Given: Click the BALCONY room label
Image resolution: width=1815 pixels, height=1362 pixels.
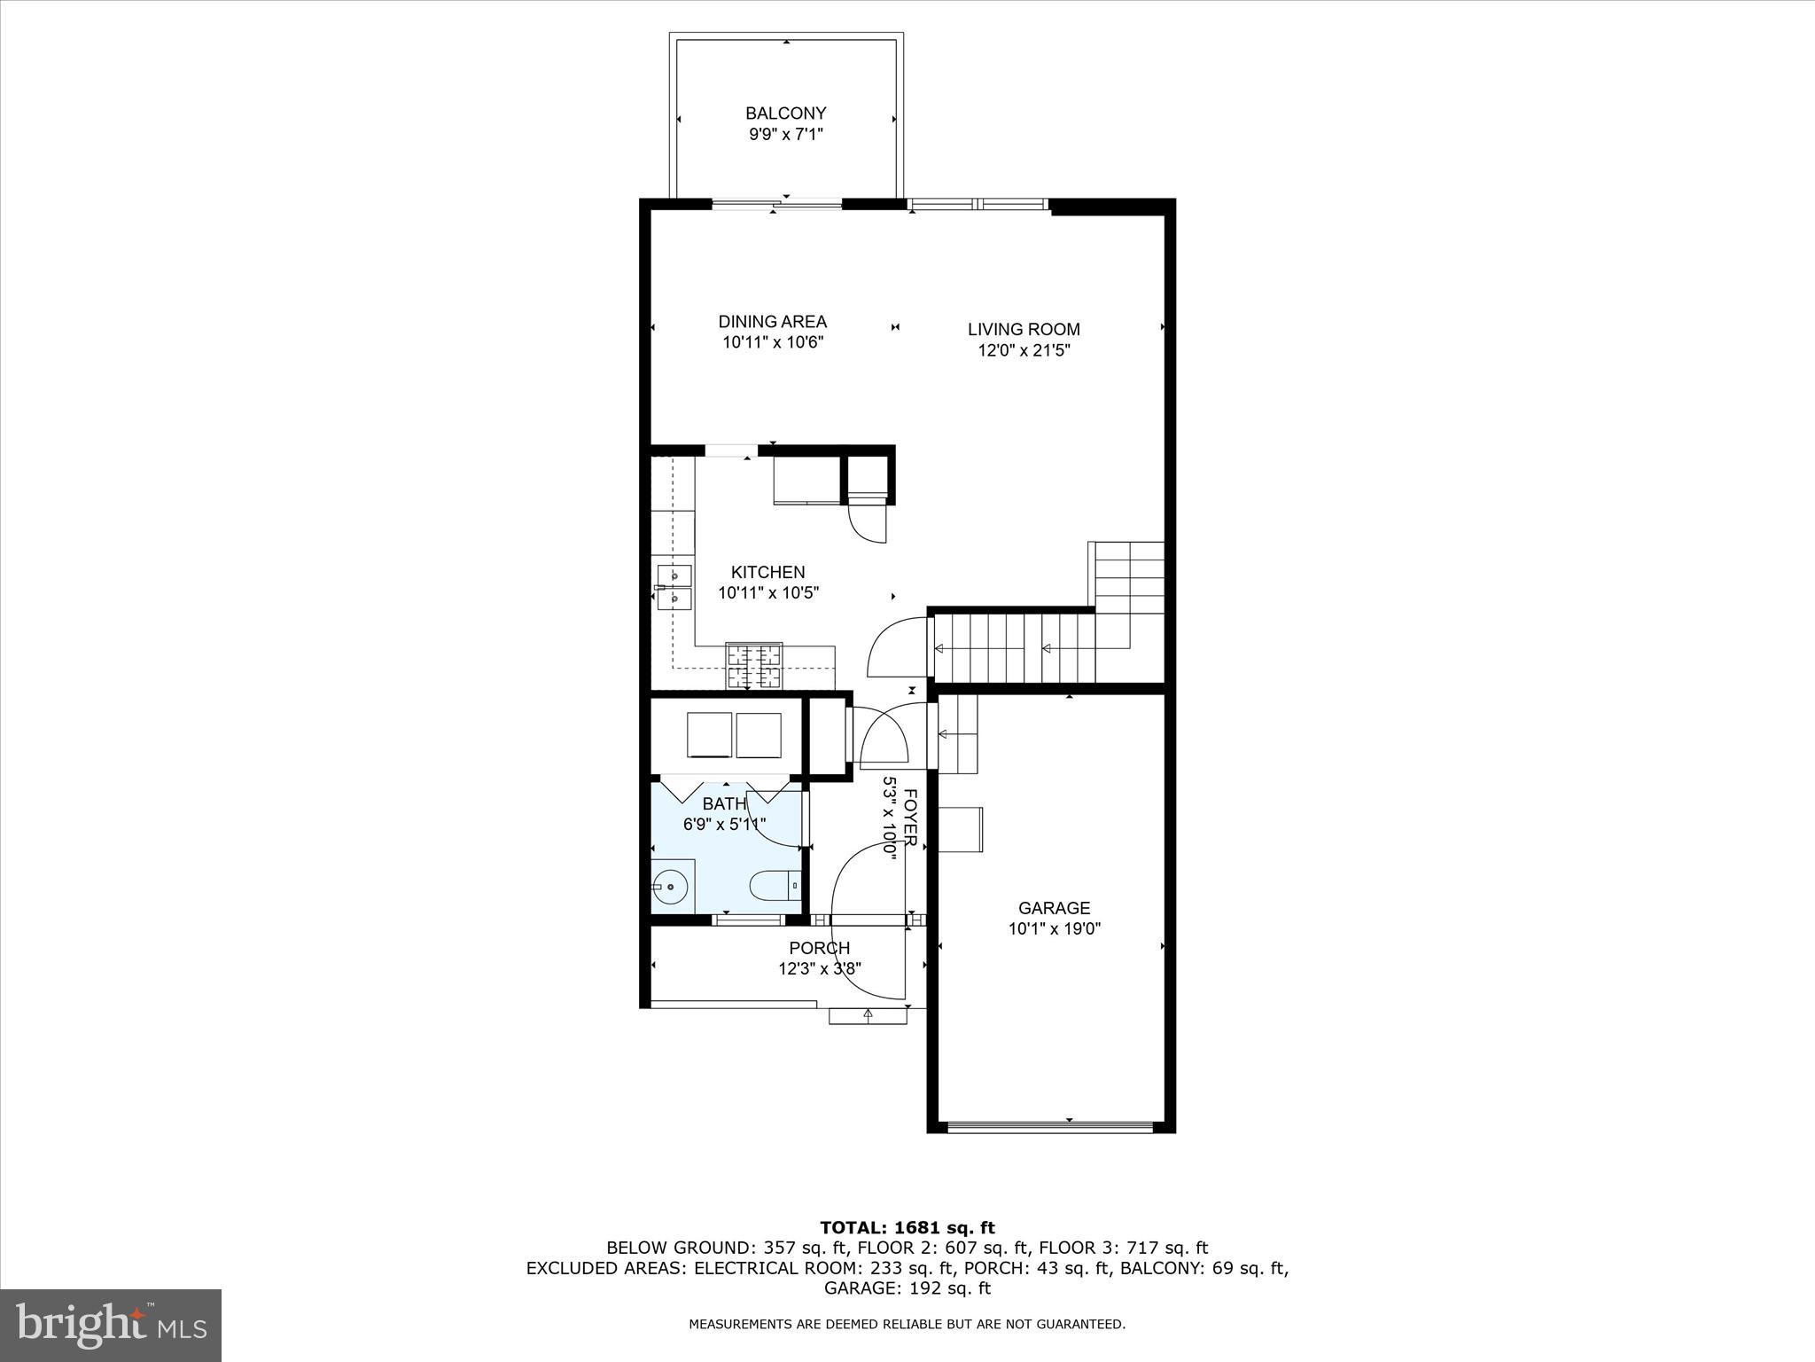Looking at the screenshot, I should point(785,113).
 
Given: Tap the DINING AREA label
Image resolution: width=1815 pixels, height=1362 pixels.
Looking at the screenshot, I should point(772,322).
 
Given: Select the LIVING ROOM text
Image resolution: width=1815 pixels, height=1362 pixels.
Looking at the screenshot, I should point(1024,329).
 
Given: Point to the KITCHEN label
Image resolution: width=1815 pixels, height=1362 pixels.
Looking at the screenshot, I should point(767,572).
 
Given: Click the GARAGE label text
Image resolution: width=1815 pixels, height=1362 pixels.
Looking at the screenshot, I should point(1054,908).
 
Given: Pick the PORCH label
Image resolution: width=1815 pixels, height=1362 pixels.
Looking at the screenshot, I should point(819,948).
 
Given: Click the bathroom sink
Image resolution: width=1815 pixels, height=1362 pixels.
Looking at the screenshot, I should point(671,885).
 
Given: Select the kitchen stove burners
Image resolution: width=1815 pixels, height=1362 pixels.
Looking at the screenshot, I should point(754,665).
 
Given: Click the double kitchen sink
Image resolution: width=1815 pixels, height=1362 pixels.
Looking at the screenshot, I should point(674,586).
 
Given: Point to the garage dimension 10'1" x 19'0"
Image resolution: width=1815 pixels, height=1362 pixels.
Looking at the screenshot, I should point(1054,929).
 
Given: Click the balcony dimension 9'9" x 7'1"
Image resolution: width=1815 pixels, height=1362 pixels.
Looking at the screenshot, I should point(785,135).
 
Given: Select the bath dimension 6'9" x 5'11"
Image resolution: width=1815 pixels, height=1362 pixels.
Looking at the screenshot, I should point(724,825).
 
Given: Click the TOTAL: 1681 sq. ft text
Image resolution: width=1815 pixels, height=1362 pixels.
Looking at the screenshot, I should point(907,1227).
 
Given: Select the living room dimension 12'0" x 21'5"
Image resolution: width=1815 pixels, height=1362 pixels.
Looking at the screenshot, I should point(1024,350).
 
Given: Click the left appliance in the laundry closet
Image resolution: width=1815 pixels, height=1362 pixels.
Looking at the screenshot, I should point(709,734).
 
